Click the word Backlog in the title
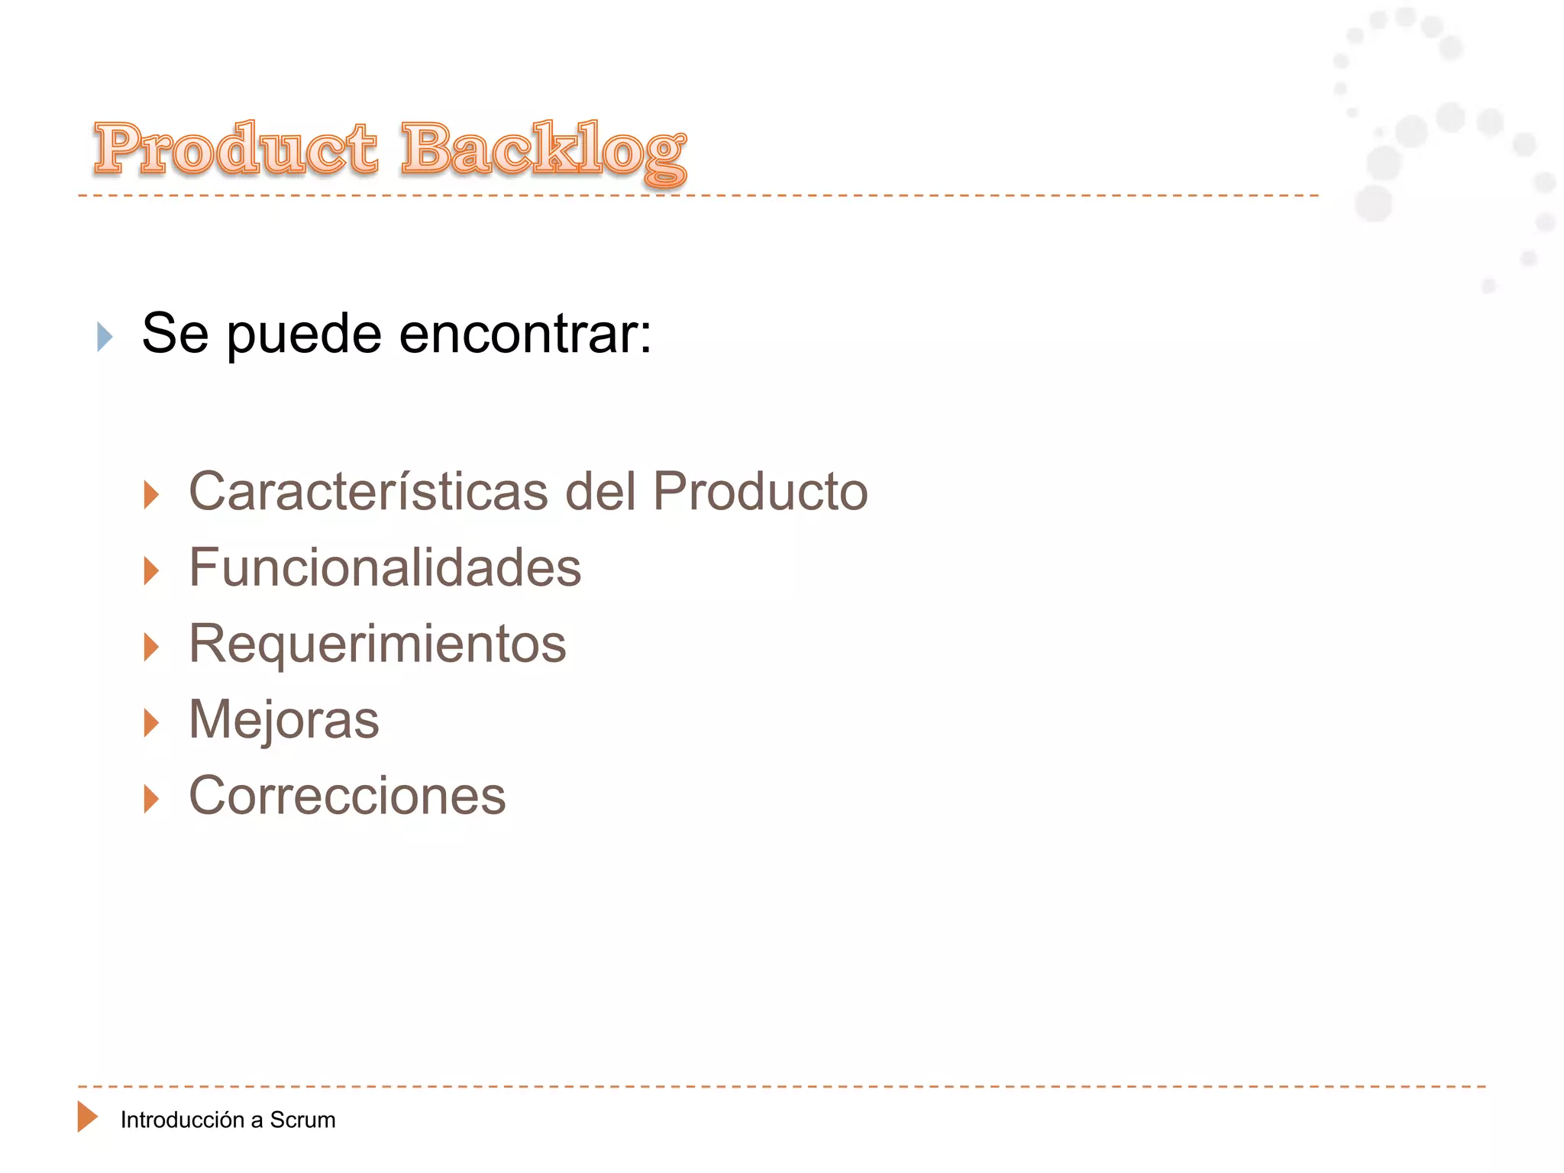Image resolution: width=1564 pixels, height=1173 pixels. point(543,150)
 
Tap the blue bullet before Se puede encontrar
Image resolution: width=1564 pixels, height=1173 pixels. point(105,337)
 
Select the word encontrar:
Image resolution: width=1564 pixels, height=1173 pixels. point(525,334)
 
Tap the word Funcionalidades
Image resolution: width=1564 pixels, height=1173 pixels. point(385,567)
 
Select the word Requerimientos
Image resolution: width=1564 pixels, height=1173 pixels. point(377,644)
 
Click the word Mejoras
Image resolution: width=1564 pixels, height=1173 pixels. point(283,719)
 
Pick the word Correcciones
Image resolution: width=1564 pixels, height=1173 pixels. point(347,796)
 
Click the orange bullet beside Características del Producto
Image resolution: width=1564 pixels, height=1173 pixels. point(151,495)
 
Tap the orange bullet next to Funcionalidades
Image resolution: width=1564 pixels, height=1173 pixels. point(151,571)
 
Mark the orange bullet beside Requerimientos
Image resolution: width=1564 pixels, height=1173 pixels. point(151,648)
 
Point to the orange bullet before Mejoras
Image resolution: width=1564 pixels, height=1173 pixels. point(151,723)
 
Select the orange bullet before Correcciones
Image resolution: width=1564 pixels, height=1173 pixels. point(151,800)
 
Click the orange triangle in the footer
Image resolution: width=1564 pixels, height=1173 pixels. point(87,1116)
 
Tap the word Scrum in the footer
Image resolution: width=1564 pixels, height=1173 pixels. point(302,1120)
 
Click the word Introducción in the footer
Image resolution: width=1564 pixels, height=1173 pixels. point(182,1120)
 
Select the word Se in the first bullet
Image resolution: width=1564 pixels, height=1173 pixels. point(175,334)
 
